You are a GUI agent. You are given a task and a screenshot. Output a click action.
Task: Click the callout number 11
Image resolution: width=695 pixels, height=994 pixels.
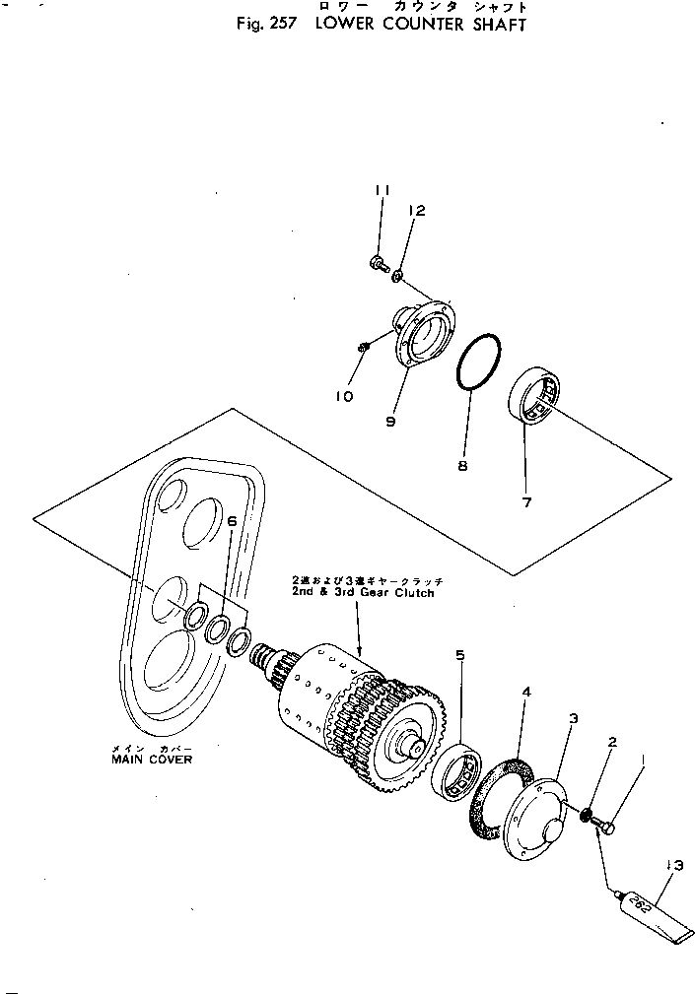pos(382,189)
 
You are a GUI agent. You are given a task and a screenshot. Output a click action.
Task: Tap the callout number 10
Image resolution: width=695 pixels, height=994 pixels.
pos(343,396)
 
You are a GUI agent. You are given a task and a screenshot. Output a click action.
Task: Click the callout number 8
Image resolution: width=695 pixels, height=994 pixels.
pos(461,467)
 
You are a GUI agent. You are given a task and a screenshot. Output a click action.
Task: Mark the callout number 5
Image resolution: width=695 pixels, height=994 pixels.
pos(459,654)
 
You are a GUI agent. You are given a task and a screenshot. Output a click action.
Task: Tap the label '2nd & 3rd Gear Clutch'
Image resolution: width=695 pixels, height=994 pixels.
pos(362,594)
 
